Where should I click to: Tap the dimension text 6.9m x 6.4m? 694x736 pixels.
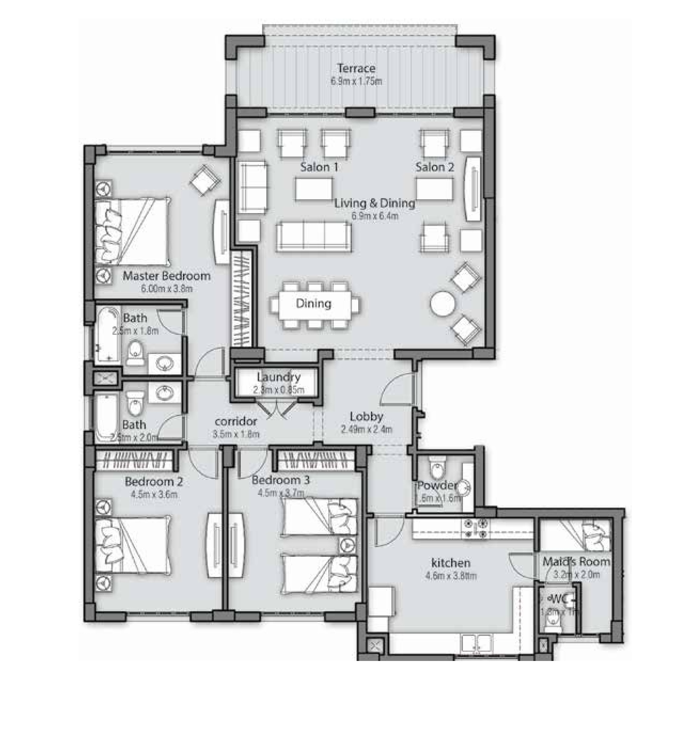[x=375, y=216]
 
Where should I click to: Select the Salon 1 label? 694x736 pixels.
[x=319, y=167]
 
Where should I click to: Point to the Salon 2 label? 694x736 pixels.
[x=434, y=167]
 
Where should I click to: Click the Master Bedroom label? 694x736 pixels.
[x=166, y=276]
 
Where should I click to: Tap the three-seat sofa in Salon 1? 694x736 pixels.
[x=314, y=236]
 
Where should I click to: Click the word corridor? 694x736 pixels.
[x=236, y=421]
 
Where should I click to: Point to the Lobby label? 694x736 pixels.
[x=366, y=417]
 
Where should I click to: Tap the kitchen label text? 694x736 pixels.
[x=450, y=563]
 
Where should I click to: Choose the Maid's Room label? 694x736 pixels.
[x=576, y=562]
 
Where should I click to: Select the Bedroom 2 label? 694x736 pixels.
[x=153, y=482]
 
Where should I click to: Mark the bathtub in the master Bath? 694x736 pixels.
[x=108, y=335]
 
